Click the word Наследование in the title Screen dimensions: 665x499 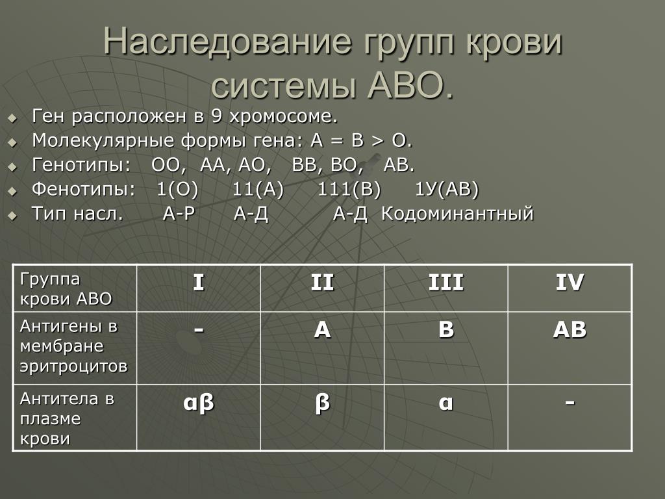tap(227, 41)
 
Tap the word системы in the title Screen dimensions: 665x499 tap(283, 85)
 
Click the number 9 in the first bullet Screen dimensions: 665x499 tap(216, 116)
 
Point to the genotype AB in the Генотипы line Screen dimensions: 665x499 tap(398, 164)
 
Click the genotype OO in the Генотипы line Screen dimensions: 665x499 tap(168, 164)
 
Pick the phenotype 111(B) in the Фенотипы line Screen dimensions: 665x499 tap(349, 189)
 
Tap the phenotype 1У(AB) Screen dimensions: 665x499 tap(446, 189)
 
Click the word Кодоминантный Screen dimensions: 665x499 tap(457, 213)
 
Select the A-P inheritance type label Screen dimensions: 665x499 tap(179, 213)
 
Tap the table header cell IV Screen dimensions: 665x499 tap(570, 282)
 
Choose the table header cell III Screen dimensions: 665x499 tap(445, 282)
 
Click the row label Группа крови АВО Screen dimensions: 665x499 tap(66, 289)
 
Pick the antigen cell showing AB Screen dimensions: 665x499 tap(570, 329)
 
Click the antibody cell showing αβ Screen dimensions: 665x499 tap(199, 402)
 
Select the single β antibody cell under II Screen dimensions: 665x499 tap(322, 402)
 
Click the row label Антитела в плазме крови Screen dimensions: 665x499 tap(67, 418)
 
